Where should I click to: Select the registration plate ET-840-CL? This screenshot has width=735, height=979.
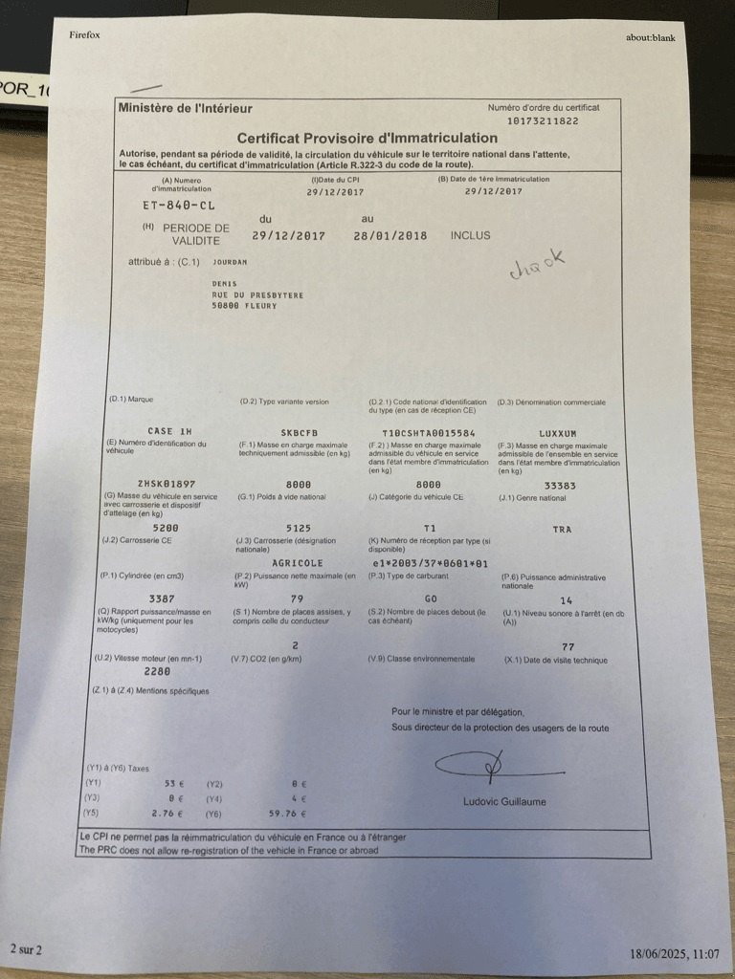coord(171,205)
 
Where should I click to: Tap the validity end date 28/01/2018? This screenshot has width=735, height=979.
coord(390,235)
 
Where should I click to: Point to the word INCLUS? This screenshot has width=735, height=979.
coord(469,235)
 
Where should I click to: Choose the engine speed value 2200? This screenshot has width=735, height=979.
coord(158,672)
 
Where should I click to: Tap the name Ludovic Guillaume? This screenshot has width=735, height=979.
coord(504,801)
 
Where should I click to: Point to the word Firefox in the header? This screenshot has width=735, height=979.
coord(85,35)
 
